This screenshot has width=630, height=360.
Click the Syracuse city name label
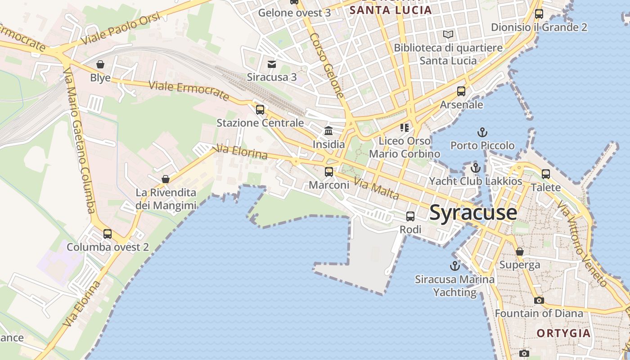(x=473, y=212)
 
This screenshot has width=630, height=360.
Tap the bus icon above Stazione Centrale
(x=260, y=109)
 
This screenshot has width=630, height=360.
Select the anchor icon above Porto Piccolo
(x=482, y=132)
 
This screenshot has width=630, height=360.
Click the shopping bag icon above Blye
(x=100, y=64)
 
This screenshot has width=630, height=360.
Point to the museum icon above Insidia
(x=328, y=131)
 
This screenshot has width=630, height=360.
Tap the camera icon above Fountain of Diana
(x=539, y=300)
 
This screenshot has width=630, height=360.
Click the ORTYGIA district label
(x=563, y=333)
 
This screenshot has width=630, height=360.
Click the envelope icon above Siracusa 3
(x=272, y=64)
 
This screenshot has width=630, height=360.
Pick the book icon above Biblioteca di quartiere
(x=448, y=34)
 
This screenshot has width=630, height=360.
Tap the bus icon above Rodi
(x=410, y=216)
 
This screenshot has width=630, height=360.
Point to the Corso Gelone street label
(x=327, y=65)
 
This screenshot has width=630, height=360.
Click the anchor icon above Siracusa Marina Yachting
(x=455, y=265)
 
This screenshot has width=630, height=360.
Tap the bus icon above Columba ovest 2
(x=108, y=234)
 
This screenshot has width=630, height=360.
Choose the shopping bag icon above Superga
(x=520, y=252)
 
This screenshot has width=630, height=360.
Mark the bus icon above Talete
(x=546, y=174)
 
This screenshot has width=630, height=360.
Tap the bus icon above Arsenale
(x=461, y=91)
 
